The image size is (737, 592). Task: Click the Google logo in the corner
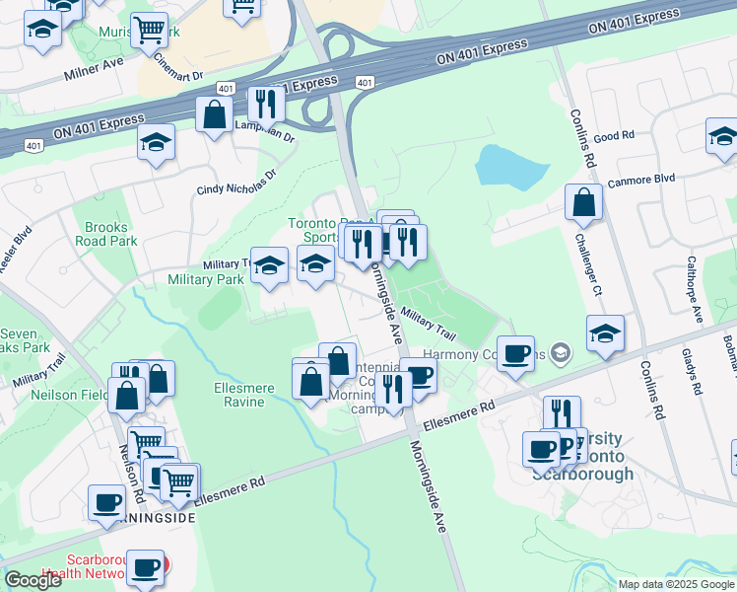coord(33,580)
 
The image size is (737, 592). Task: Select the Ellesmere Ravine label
coord(244,395)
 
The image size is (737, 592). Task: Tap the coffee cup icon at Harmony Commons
coord(514,353)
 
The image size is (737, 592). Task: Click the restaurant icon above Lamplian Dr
coord(265,104)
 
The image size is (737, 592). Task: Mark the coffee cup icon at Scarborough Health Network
coord(145,568)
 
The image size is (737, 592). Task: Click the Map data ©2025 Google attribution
coord(676,584)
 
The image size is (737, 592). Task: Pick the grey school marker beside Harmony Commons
coord(561,352)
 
